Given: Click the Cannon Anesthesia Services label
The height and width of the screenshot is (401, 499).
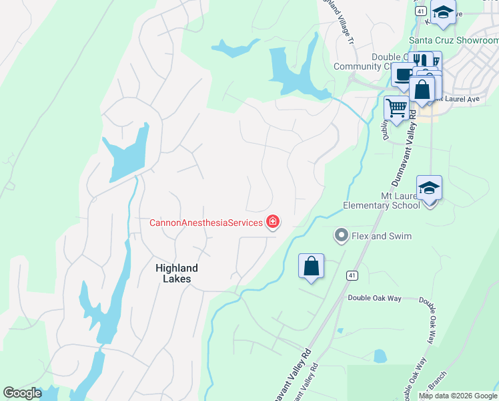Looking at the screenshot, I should [x=206, y=223].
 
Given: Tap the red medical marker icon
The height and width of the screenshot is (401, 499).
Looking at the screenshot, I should [x=272, y=222].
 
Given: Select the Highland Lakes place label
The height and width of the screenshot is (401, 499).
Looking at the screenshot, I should [x=177, y=273].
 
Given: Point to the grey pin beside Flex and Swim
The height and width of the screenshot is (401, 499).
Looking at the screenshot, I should [x=342, y=235].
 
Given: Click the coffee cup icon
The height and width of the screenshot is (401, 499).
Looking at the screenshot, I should [x=404, y=75].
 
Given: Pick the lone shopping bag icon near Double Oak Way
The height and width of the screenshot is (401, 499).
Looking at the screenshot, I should [x=312, y=266].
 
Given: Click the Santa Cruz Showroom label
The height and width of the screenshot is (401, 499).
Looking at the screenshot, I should [x=454, y=39].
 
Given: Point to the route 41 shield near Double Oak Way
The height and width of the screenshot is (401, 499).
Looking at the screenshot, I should [x=351, y=275].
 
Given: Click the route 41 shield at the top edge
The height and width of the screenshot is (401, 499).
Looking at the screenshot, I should [x=420, y=11].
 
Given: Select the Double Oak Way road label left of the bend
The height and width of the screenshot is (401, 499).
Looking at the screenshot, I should [x=374, y=299].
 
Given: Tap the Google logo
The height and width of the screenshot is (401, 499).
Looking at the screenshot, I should [x=22, y=393].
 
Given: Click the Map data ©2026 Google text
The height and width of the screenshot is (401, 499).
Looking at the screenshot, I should [x=457, y=396].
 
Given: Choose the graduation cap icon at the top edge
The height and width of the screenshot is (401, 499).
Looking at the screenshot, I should [x=442, y=13].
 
